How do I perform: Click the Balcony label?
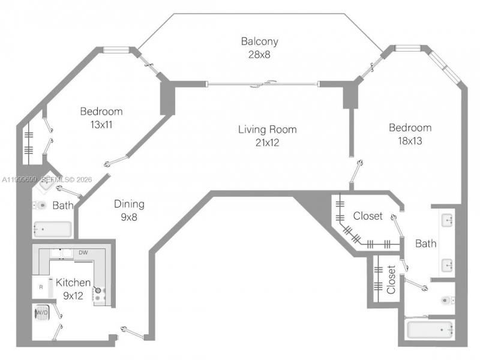point(259,41)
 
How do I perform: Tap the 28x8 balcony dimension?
point(259,53)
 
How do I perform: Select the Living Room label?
point(267,130)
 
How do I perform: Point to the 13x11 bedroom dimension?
point(101,125)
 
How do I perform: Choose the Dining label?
point(129,204)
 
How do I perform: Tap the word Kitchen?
point(73,283)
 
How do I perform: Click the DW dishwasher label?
point(83,253)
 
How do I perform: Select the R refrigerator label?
point(41,287)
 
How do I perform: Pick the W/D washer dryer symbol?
point(41,313)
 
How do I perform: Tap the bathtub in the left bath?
point(53,229)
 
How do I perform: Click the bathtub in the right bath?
point(430,329)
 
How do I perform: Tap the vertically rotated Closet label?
point(391,280)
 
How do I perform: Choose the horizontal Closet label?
point(368,216)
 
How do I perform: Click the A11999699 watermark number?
point(20,179)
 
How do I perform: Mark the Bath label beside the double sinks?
point(426,244)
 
